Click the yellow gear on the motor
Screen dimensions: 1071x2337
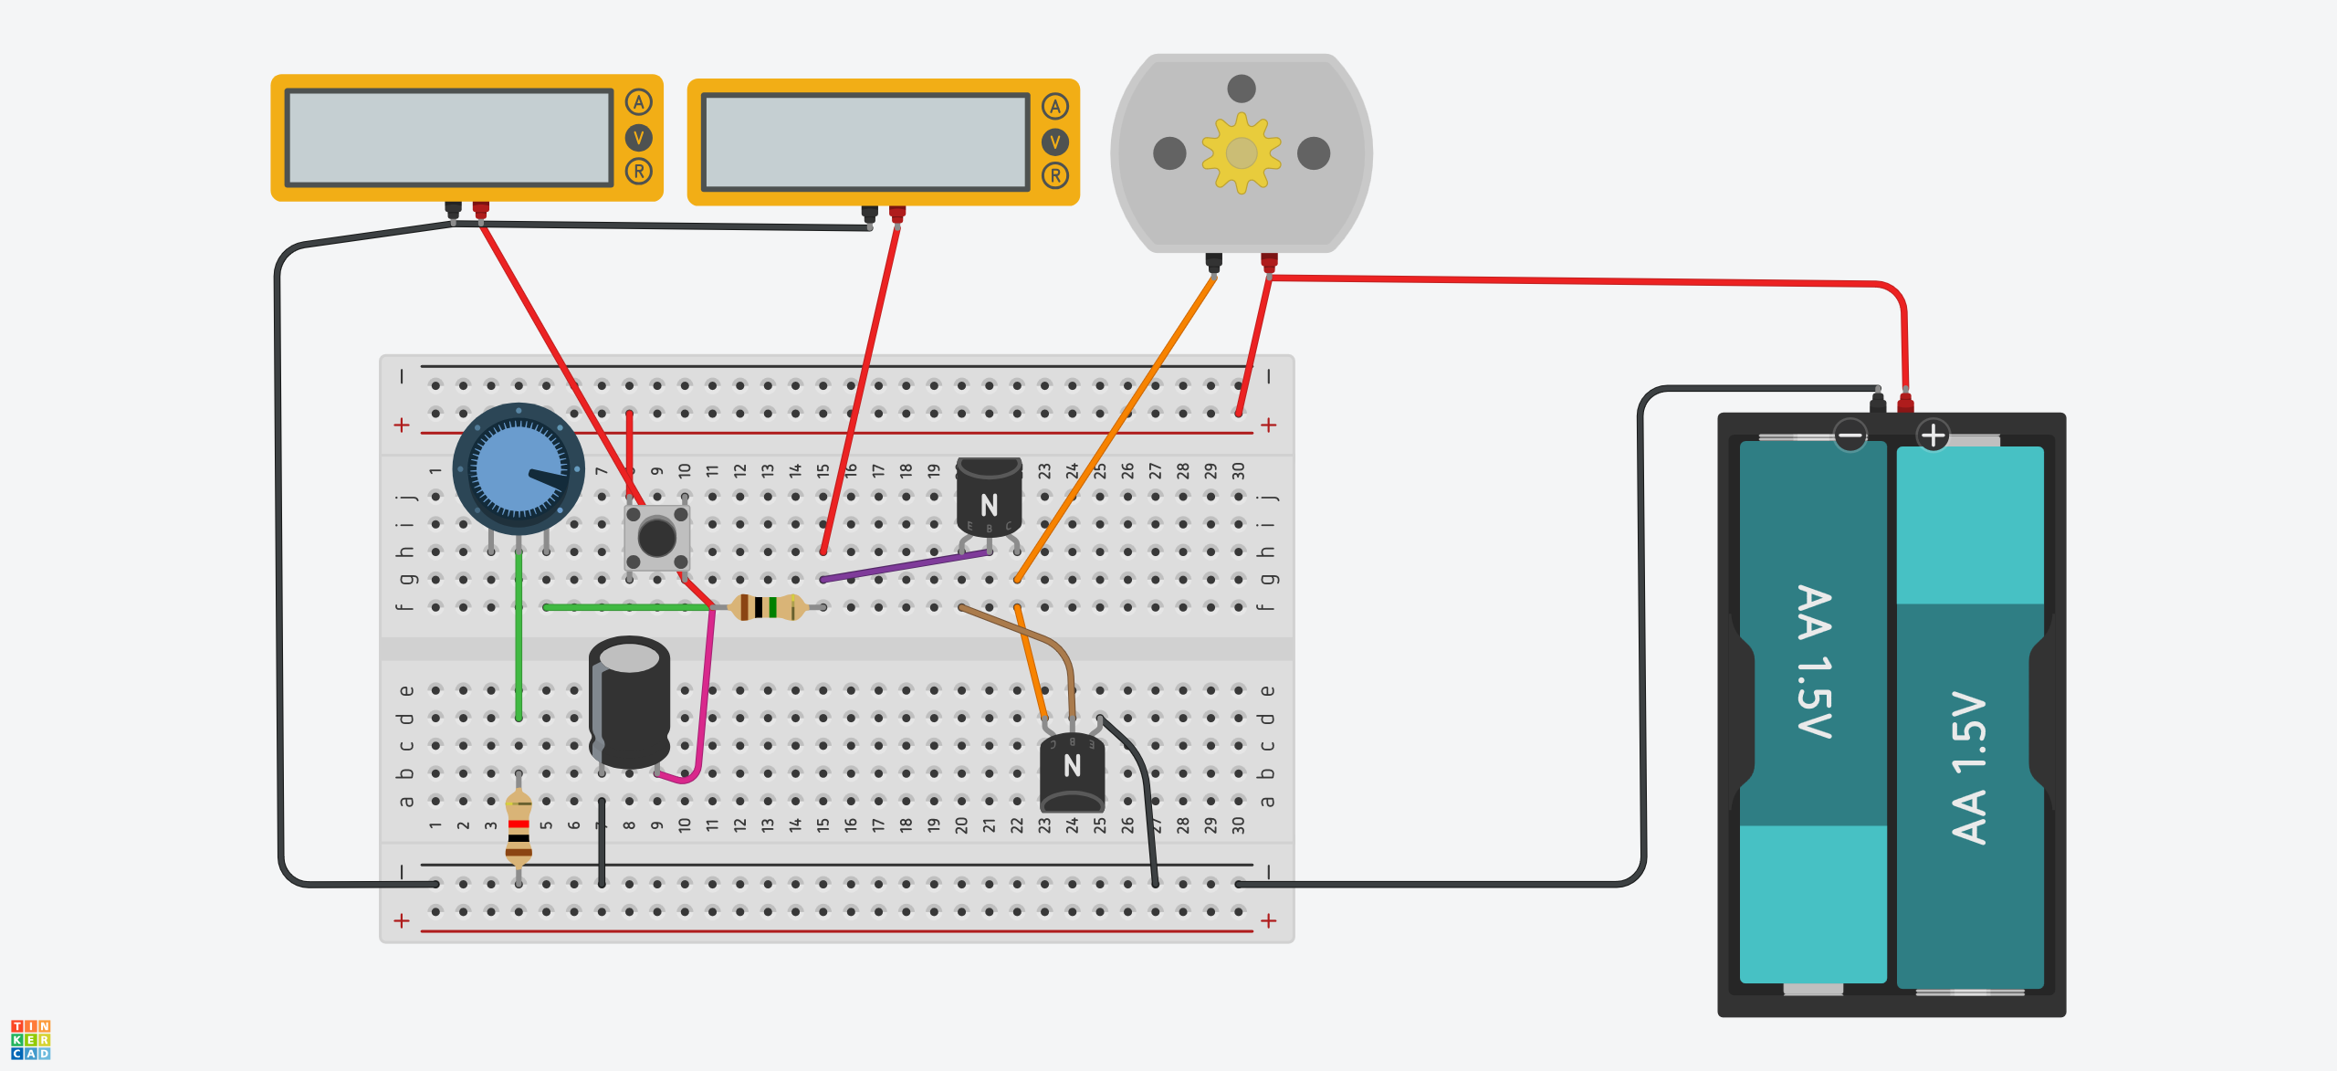[x=1241, y=153]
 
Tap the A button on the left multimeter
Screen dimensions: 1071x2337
[x=638, y=102]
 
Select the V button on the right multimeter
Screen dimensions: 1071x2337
[x=1054, y=142]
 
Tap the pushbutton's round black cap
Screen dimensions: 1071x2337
[x=656, y=538]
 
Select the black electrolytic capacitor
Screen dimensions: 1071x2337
[x=629, y=703]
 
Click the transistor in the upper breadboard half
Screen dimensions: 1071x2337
[x=989, y=498]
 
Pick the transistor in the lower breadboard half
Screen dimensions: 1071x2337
[x=1072, y=772]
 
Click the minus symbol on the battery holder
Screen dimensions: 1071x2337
[x=1850, y=436]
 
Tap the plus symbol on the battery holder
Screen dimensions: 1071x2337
[x=1933, y=436]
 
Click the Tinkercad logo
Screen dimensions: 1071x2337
[x=30, y=1039]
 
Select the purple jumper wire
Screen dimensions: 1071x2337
[x=904, y=565]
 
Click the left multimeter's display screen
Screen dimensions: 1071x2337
[x=448, y=138]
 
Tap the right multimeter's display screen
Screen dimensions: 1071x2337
[x=865, y=142]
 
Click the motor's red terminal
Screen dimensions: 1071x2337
[x=1269, y=262]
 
